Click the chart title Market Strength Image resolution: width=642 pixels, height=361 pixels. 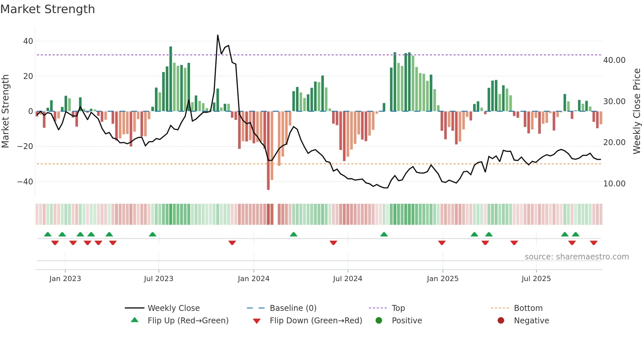pos(47,9)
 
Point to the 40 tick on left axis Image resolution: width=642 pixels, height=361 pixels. pos(28,41)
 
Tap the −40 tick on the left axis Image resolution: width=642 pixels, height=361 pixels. pos(25,181)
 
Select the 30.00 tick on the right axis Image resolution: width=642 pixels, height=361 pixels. pos(614,102)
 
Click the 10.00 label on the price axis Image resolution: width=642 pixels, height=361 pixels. pos(614,184)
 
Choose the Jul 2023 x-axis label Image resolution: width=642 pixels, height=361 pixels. pos(159,279)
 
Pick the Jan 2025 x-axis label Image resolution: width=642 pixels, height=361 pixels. pos(443,279)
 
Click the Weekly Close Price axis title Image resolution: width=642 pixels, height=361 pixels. pos(636,111)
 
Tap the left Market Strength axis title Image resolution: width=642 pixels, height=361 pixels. pos(6,111)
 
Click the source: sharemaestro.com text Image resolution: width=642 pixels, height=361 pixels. pos(576,257)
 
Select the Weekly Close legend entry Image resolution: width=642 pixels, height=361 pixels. pos(173,308)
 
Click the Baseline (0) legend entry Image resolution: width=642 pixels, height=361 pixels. pos(293,308)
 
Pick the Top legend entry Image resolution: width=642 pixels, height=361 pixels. pos(398,308)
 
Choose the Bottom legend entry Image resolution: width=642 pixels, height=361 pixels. pos(528,308)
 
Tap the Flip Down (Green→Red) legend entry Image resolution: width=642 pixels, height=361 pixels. pos(315,321)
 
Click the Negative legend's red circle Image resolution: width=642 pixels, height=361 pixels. pos(501,321)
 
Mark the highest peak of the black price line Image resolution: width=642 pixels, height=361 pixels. pos(217,35)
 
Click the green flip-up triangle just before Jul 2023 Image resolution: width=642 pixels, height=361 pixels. pos(153,235)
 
